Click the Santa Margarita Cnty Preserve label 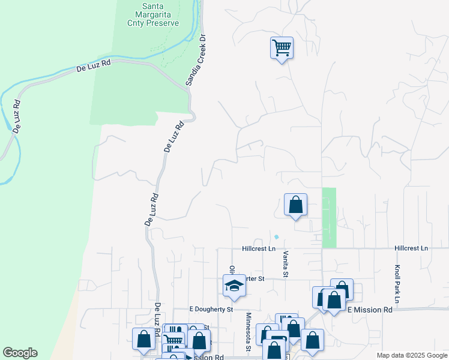point(153,14)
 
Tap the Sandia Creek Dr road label point(196,59)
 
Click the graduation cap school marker point(234,285)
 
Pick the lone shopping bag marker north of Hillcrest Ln point(295,205)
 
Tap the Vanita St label point(286,265)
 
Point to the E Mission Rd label point(370,310)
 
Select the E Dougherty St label point(211,310)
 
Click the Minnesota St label point(247,332)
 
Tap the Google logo point(20,353)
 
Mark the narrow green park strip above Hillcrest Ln point(330,217)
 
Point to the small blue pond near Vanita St point(277,236)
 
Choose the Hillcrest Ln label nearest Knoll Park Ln point(411,248)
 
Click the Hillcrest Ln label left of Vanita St point(259,248)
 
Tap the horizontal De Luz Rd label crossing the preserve point(94,66)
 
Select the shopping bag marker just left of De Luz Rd point(144,339)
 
